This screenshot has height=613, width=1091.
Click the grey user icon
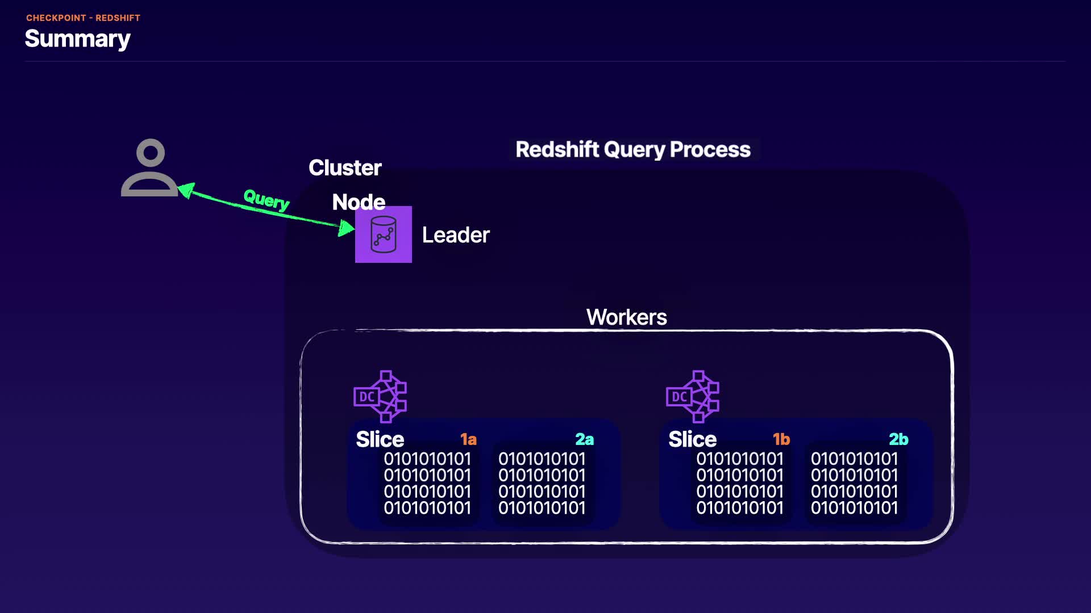[x=150, y=168]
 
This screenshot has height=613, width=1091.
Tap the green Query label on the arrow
[x=266, y=199]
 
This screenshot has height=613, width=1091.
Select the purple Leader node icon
[x=384, y=234]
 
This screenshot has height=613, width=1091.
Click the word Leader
[x=456, y=235]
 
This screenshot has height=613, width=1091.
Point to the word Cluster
[x=345, y=168]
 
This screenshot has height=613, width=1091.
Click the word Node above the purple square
[x=359, y=201]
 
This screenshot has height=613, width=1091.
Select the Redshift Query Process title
[x=633, y=149]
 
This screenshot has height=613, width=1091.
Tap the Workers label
[x=627, y=317]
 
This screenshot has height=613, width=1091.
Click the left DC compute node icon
[x=380, y=397]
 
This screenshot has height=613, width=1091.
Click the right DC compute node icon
[x=693, y=397]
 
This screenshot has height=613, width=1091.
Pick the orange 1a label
[x=468, y=439]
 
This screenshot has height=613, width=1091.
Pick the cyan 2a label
[x=584, y=439]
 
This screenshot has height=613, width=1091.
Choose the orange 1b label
[x=781, y=439]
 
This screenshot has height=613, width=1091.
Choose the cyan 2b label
[x=898, y=439]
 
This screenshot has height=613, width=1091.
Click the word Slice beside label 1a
[x=380, y=439]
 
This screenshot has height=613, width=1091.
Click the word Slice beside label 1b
[x=693, y=439]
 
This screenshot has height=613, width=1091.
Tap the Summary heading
[x=78, y=39]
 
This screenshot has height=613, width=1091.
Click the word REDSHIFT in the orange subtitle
[x=118, y=18]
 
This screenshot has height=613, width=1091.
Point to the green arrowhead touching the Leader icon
[x=345, y=228]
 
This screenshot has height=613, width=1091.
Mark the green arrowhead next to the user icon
[x=187, y=190]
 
